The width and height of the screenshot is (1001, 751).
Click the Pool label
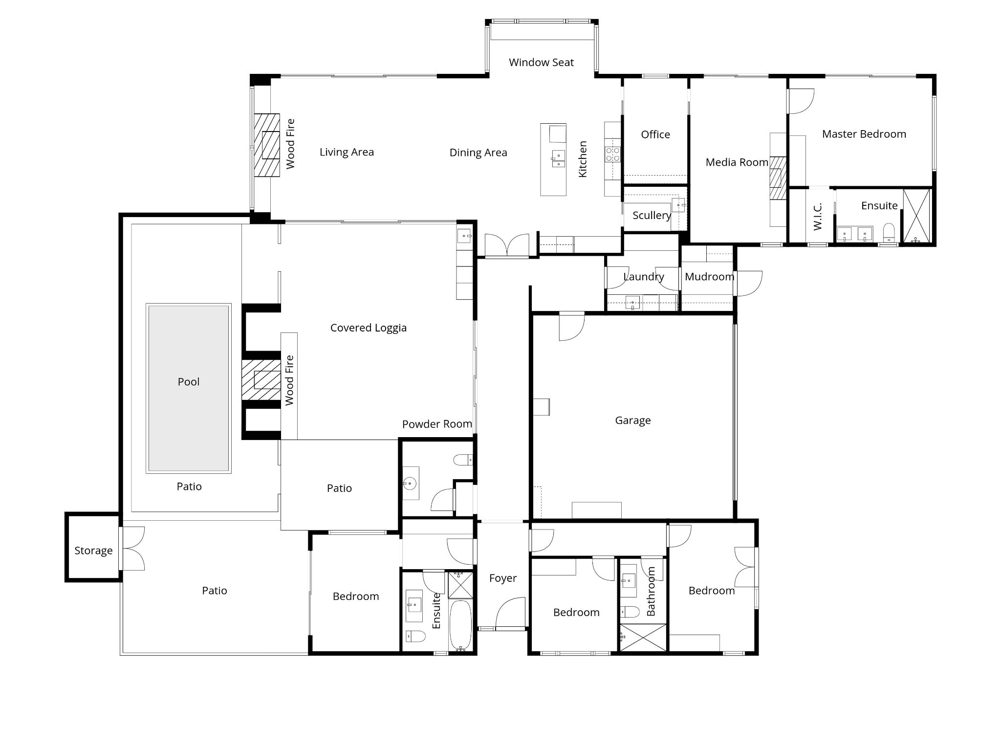(x=189, y=382)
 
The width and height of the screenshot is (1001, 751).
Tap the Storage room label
(x=93, y=551)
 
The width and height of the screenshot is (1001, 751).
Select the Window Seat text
(x=541, y=63)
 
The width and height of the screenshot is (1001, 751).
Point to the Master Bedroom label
(x=864, y=134)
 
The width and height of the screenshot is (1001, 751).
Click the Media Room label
(x=737, y=162)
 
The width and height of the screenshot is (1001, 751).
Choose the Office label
(x=655, y=134)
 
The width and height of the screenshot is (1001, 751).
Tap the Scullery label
(x=652, y=216)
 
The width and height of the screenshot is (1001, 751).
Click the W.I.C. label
(x=818, y=217)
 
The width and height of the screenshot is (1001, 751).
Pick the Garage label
(x=633, y=420)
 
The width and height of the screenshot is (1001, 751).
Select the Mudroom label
(x=709, y=277)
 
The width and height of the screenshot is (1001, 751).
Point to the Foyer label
(x=503, y=578)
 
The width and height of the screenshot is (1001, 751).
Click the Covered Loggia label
(x=369, y=328)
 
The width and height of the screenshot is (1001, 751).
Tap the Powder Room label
(x=437, y=424)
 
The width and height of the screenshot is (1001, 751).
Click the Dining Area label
(x=478, y=153)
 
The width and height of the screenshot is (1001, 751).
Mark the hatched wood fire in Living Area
(x=266, y=145)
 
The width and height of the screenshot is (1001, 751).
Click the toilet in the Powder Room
(x=463, y=460)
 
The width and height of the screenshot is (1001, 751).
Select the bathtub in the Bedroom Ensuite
(x=460, y=625)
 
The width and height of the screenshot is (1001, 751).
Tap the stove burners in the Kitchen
(x=613, y=155)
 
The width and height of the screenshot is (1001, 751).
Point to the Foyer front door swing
(x=509, y=612)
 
